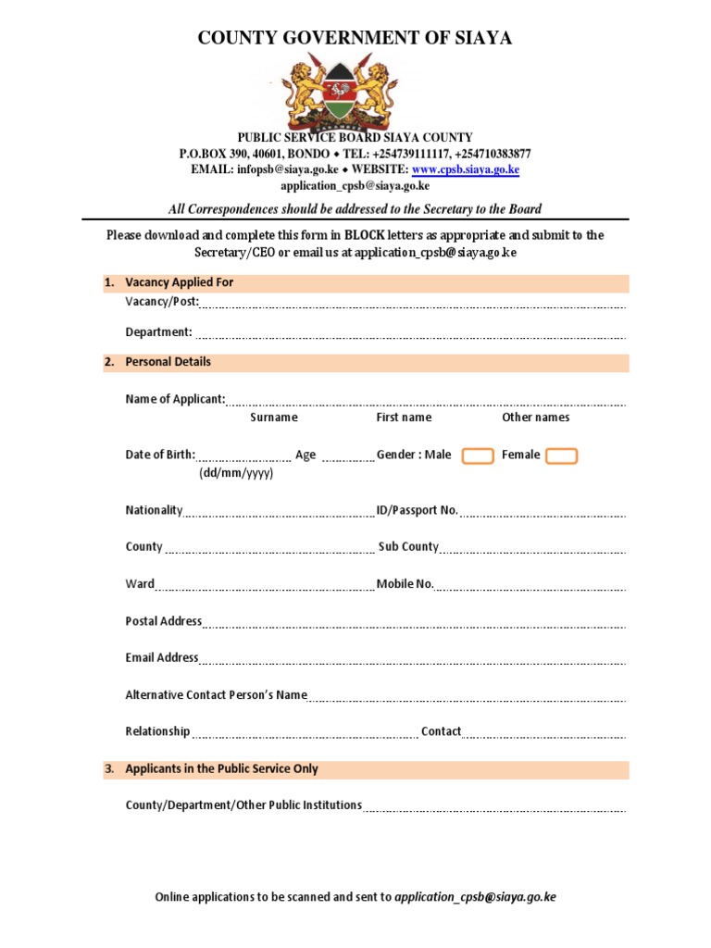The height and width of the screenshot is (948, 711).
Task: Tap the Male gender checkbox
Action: [478, 455]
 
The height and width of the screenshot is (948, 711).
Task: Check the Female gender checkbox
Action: [561, 455]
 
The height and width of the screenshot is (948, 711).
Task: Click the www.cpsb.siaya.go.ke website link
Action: [465, 169]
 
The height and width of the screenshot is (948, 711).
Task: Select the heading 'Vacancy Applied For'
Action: [179, 282]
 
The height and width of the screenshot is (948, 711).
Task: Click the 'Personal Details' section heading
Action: [168, 362]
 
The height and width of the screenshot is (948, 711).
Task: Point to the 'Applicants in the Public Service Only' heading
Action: [221, 768]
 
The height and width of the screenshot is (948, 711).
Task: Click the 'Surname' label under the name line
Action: [274, 418]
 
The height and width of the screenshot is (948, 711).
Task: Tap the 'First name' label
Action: [404, 418]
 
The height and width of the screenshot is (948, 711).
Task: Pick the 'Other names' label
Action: [536, 418]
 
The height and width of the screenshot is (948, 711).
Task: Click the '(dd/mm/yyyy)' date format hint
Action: [236, 473]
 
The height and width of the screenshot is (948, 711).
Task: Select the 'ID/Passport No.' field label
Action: [417, 510]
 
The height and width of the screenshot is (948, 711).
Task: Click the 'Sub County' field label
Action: [408, 547]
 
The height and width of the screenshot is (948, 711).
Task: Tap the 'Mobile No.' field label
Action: [405, 584]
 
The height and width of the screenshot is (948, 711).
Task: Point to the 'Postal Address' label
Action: [163, 621]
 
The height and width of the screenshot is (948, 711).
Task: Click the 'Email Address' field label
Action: [162, 658]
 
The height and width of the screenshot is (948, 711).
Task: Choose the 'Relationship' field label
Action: [157, 731]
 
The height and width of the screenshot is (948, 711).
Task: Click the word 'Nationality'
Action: [154, 510]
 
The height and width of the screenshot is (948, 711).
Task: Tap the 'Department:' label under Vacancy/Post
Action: [158, 332]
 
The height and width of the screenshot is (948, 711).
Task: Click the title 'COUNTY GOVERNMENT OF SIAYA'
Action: [355, 38]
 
